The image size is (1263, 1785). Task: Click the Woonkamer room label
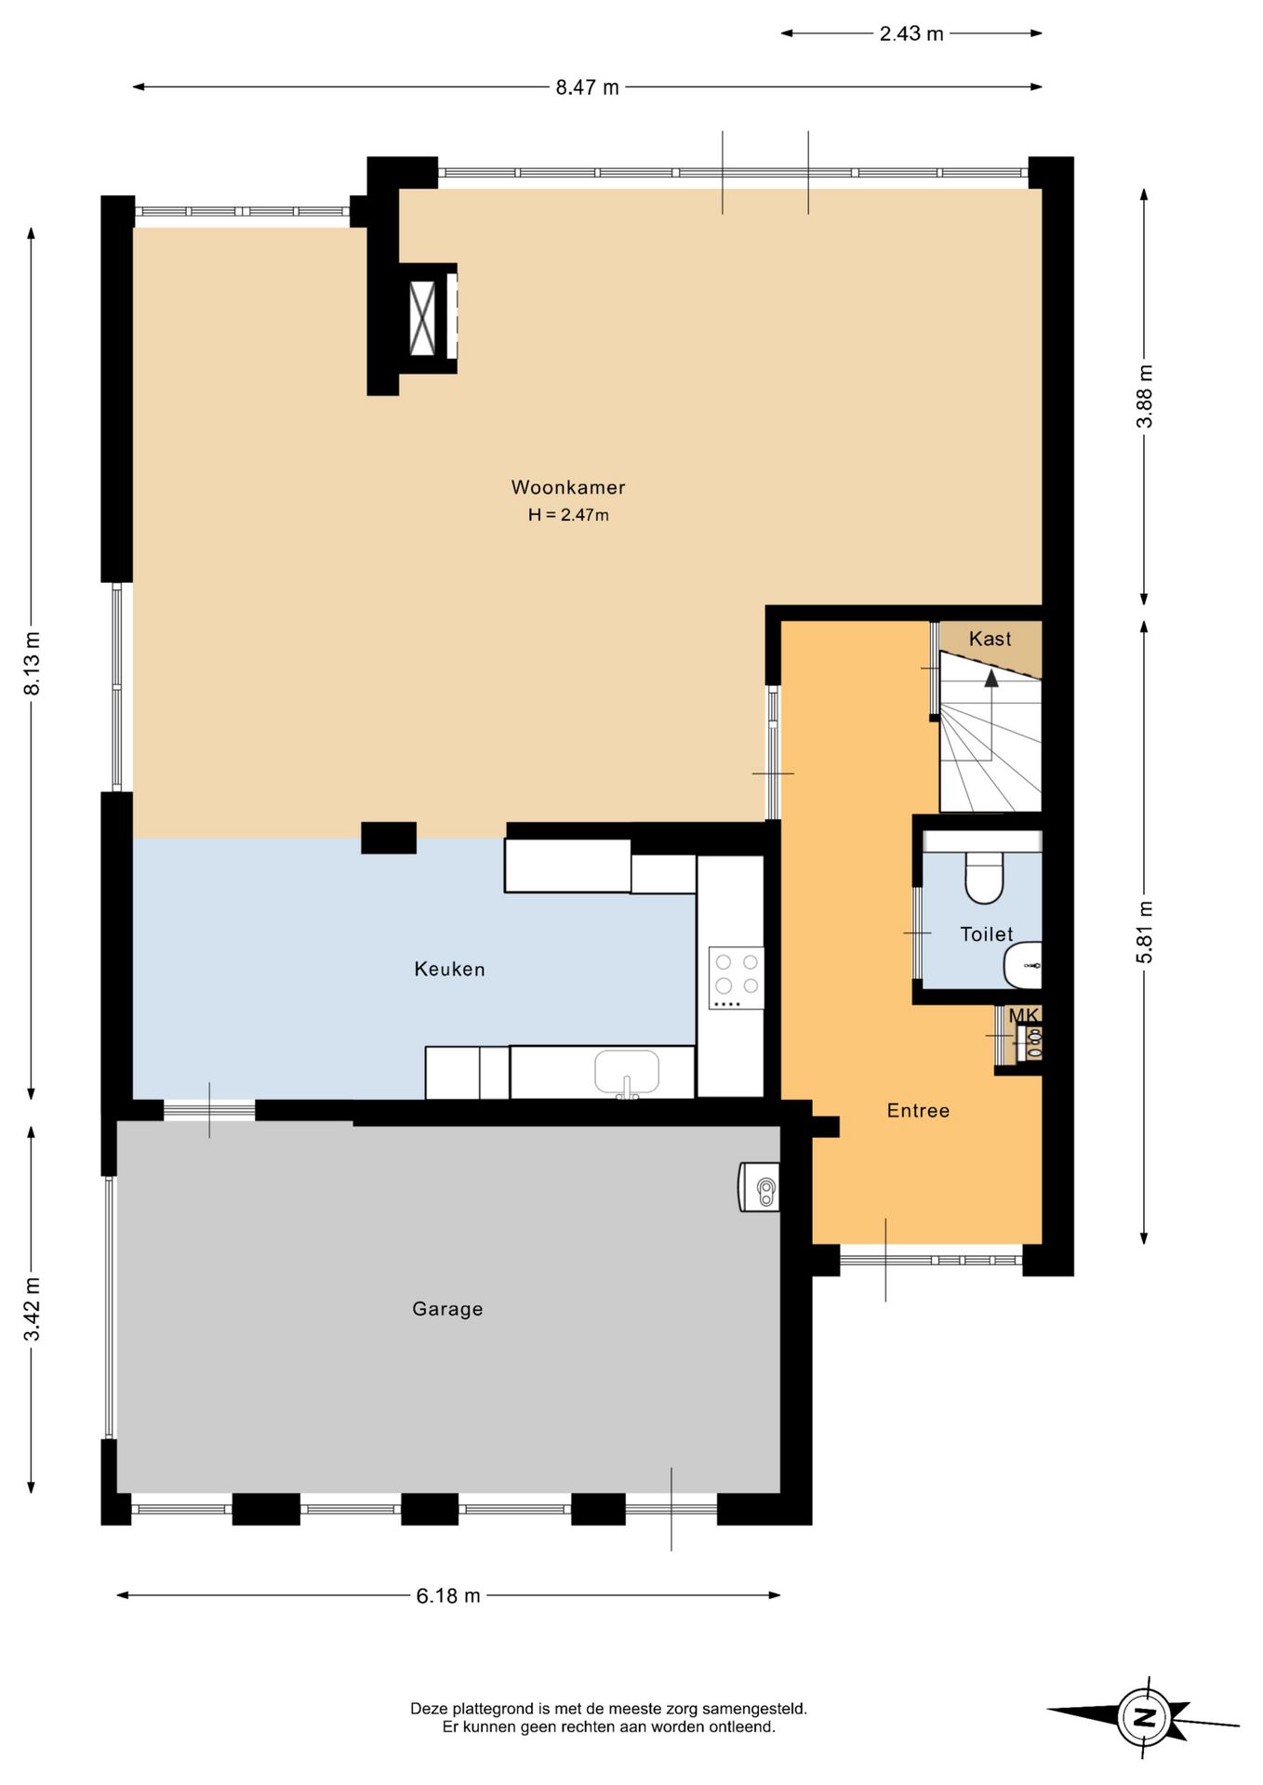[568, 487]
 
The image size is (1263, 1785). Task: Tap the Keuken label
[449, 969]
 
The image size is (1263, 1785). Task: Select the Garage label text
[447, 1309]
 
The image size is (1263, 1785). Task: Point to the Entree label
[918, 1110]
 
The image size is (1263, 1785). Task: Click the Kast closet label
[990, 639]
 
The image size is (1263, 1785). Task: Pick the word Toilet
[986, 933]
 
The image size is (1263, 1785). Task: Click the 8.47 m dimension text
[587, 87]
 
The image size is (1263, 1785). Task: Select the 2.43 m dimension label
[911, 34]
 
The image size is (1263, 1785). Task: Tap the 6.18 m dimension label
[448, 1595]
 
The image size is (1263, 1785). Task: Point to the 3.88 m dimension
[1145, 396]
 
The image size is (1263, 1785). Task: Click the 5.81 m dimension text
[1145, 932]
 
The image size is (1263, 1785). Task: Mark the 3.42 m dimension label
[33, 1309]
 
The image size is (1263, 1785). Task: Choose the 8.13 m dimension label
[33, 663]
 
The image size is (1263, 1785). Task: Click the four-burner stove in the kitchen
[736, 977]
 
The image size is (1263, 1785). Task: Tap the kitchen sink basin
[627, 1072]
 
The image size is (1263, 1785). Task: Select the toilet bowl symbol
[984, 877]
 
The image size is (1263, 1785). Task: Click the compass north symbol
[1143, 1716]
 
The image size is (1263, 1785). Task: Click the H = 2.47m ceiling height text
[568, 515]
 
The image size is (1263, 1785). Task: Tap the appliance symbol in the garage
[759, 1187]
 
